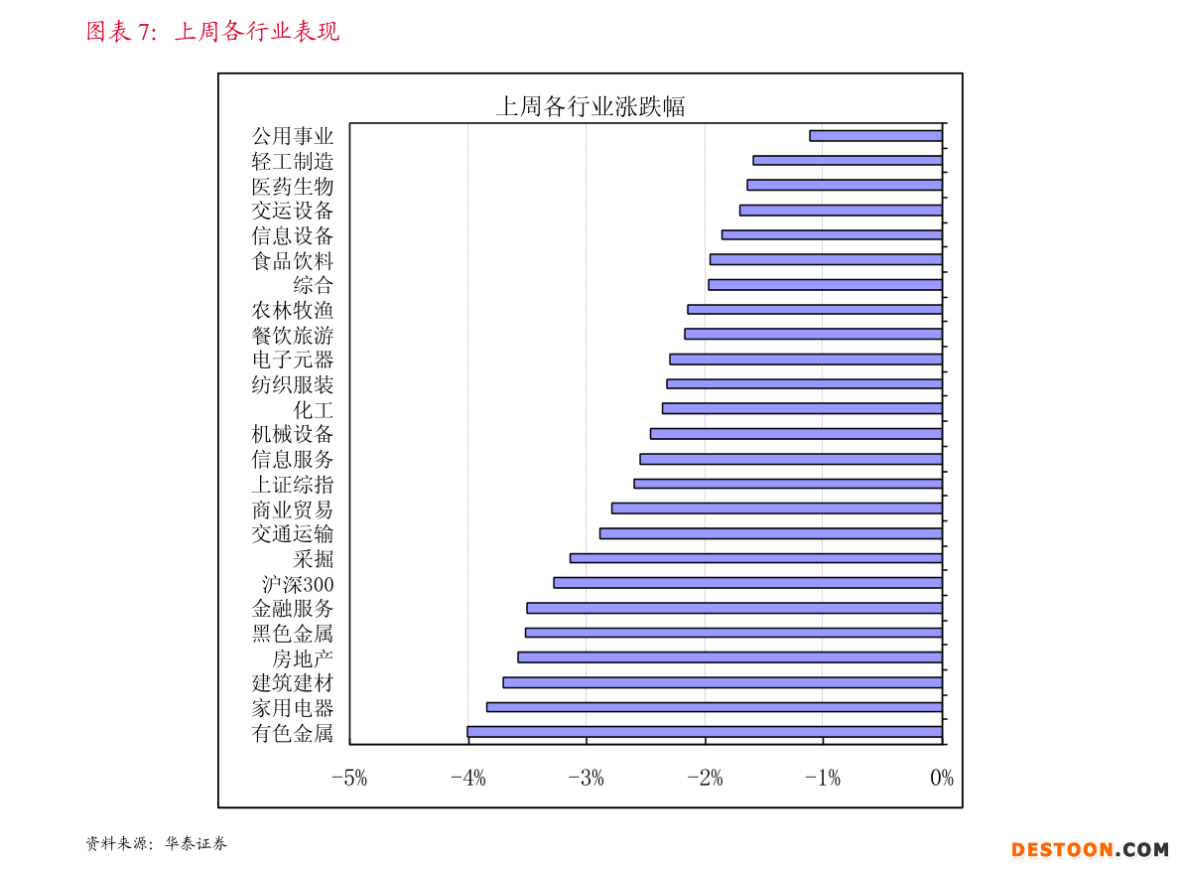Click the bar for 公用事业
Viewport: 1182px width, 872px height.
(x=875, y=136)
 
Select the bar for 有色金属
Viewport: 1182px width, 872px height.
(x=705, y=732)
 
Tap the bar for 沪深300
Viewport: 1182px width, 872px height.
(x=747, y=583)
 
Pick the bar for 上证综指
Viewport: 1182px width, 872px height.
(x=788, y=484)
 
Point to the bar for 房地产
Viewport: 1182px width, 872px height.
(x=729, y=657)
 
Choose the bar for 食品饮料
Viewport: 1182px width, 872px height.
(x=826, y=260)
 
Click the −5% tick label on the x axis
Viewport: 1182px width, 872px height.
(x=349, y=779)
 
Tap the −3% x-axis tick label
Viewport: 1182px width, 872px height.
(x=586, y=779)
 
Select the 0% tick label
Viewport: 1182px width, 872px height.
(x=941, y=779)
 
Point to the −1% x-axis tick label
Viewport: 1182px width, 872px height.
(x=823, y=779)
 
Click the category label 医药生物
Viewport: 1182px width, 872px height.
(x=293, y=186)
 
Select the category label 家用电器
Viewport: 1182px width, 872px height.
(x=293, y=708)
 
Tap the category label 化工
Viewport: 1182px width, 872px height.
(x=314, y=409)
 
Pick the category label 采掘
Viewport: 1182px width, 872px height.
(x=314, y=558)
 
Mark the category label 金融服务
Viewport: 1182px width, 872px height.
(x=293, y=608)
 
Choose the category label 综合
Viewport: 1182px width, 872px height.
(x=314, y=285)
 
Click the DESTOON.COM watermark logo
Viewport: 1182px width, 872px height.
(x=1090, y=849)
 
